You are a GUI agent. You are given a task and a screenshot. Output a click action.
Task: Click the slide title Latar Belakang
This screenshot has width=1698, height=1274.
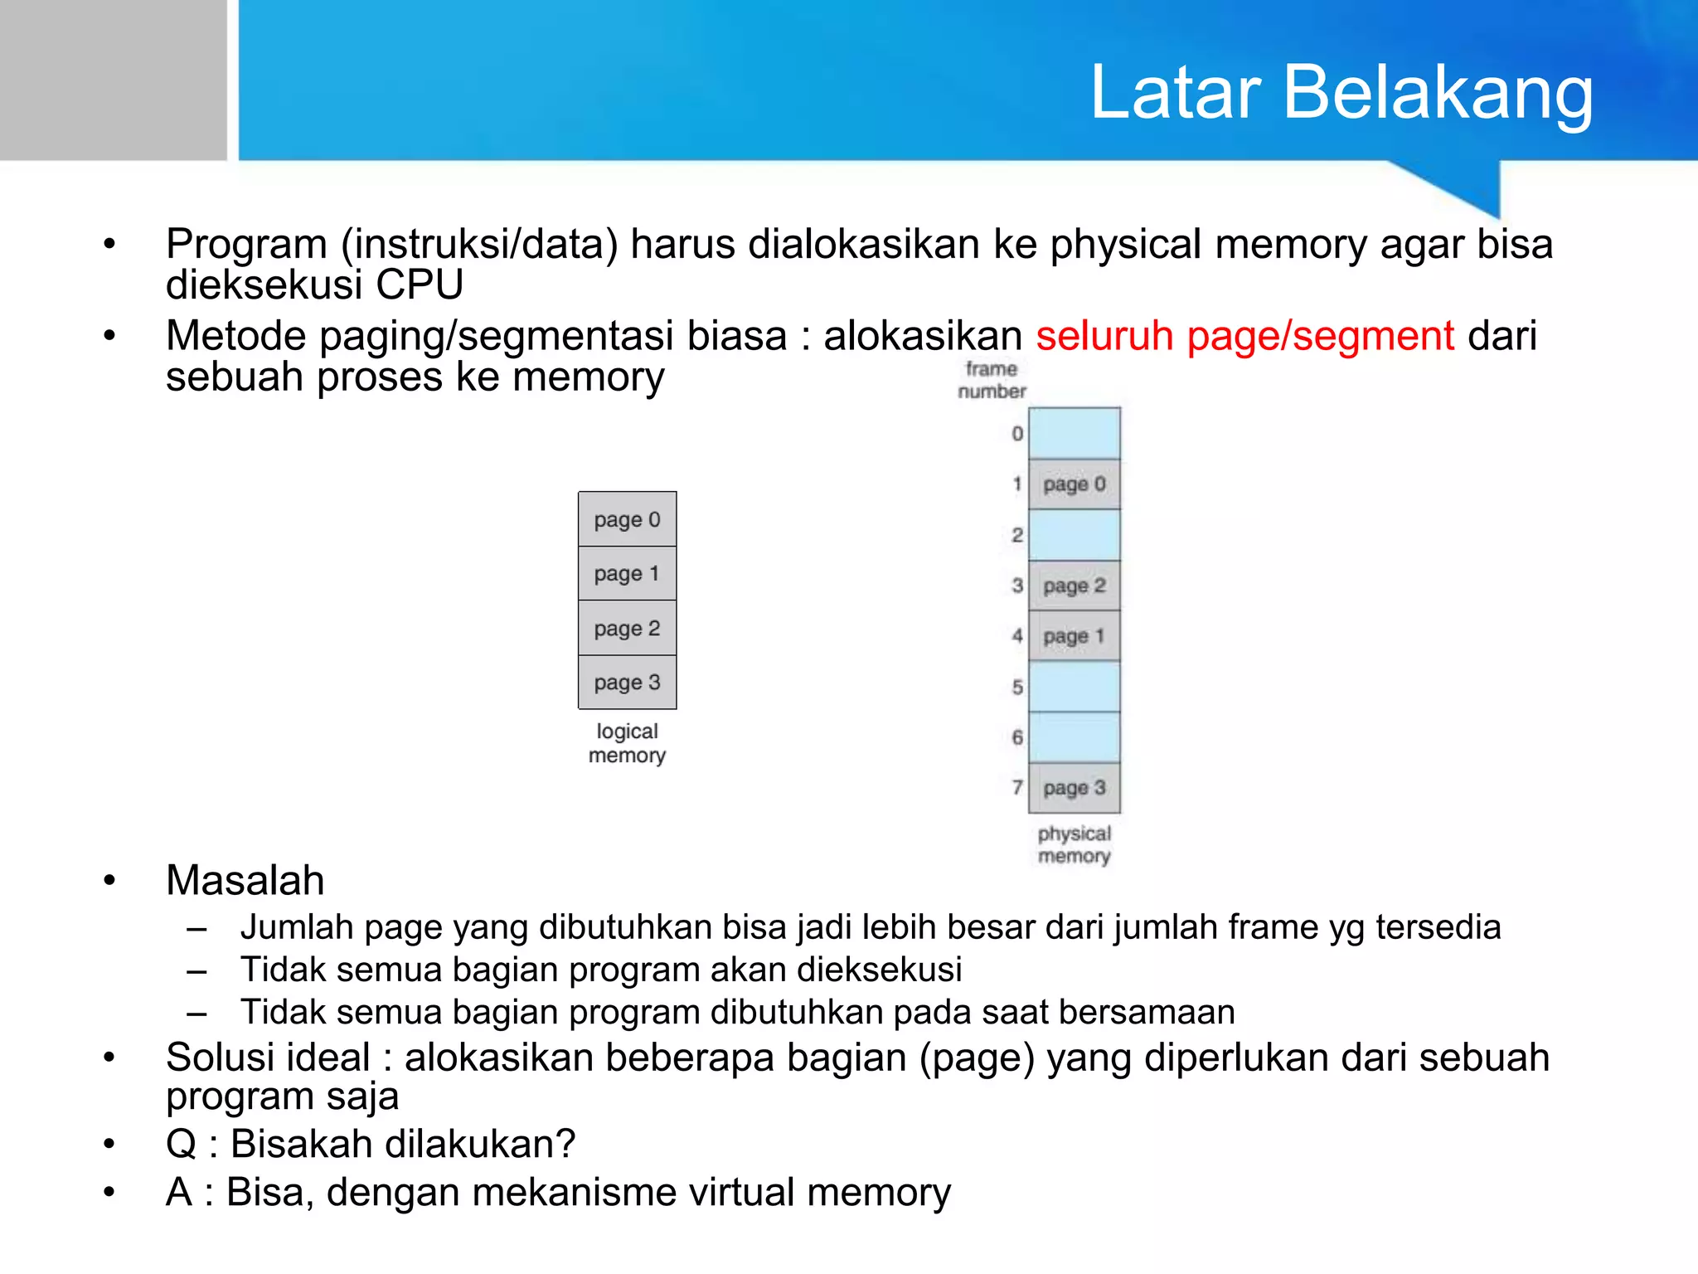[1341, 93]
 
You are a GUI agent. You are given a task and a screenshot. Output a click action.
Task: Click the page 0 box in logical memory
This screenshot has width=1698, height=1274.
[627, 520]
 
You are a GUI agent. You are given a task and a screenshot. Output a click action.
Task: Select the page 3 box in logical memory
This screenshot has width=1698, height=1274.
[627, 683]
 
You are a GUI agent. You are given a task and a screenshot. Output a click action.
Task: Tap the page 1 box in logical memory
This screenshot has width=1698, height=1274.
[627, 574]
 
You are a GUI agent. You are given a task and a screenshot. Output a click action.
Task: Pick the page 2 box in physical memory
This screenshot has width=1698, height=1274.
[1074, 586]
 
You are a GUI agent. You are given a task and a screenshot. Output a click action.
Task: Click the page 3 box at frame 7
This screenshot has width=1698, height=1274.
[1074, 788]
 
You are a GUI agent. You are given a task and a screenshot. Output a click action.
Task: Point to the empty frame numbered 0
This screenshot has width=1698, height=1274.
[1074, 434]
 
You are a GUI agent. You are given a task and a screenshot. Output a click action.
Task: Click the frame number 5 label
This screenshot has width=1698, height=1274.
[1017, 688]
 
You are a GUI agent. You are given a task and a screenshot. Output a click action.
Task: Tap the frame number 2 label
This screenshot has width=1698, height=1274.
[1017, 536]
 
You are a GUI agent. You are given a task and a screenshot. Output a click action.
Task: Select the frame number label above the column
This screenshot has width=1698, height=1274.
[992, 380]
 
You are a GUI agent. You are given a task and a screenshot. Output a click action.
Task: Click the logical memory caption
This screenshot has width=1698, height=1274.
[627, 743]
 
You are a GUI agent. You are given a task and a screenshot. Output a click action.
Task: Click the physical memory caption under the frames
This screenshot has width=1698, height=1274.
[1074, 844]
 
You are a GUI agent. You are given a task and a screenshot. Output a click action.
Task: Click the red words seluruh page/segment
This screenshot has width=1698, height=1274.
[1244, 337]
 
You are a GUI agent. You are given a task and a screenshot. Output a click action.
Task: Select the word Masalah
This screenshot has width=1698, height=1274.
[245, 881]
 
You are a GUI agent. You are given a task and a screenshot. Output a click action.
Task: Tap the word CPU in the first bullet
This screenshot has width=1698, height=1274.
[420, 285]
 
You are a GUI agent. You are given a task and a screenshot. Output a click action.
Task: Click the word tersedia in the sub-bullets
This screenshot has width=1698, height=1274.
[1438, 927]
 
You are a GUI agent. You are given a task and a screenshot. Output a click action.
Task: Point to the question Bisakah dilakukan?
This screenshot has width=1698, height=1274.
[403, 1145]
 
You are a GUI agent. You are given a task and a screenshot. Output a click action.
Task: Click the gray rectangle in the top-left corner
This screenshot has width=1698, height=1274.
[113, 80]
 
